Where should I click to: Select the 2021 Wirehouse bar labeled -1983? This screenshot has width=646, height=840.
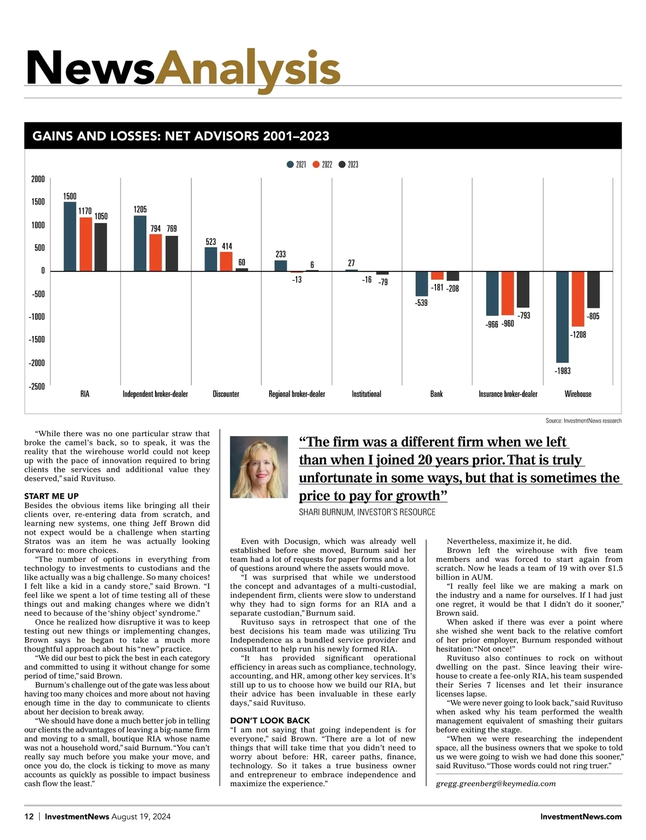563,317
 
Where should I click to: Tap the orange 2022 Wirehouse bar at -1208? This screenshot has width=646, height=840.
578,299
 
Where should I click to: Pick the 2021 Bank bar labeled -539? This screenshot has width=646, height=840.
422,284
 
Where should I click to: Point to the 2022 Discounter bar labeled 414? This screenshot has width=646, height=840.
226,261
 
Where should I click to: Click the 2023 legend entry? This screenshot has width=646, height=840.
348,164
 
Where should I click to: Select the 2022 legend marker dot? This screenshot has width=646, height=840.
316,164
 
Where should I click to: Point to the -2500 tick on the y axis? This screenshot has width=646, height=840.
37,386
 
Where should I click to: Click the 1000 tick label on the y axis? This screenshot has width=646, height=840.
38,225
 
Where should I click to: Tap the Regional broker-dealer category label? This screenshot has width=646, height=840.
297,394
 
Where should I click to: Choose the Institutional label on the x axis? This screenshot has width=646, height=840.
366,394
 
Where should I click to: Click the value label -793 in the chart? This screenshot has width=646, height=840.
524,316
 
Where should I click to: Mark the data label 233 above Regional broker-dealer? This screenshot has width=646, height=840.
280,254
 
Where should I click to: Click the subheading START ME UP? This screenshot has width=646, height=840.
51,496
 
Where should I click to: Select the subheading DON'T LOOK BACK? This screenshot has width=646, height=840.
270,720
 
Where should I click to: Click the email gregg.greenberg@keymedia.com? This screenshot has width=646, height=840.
496,783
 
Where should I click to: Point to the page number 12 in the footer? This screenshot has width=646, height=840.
29,816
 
